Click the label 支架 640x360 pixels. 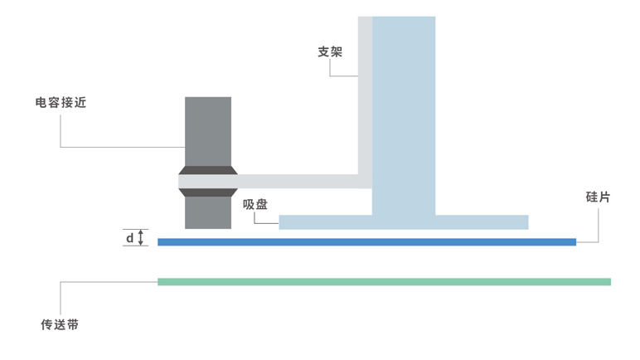pyautogui.click(x=330, y=51)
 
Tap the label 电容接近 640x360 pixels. pyautogui.click(x=61, y=103)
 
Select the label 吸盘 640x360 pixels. pyautogui.click(x=255, y=205)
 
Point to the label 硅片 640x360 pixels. pyautogui.click(x=598, y=197)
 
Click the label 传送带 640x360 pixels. pyautogui.click(x=60, y=324)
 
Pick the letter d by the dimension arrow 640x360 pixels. pyautogui.click(x=129, y=239)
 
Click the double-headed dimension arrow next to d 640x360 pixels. pyautogui.click(x=142, y=238)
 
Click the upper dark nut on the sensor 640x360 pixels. pyautogui.click(x=208, y=171)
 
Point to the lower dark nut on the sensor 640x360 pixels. pyautogui.click(x=208, y=192)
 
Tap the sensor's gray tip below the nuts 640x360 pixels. pyautogui.click(x=208, y=213)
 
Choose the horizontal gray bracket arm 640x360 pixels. pyautogui.click(x=298, y=181)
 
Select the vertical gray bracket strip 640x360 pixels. pyautogui.click(x=365, y=91)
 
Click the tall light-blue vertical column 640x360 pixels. pyautogui.click(x=404, y=108)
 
